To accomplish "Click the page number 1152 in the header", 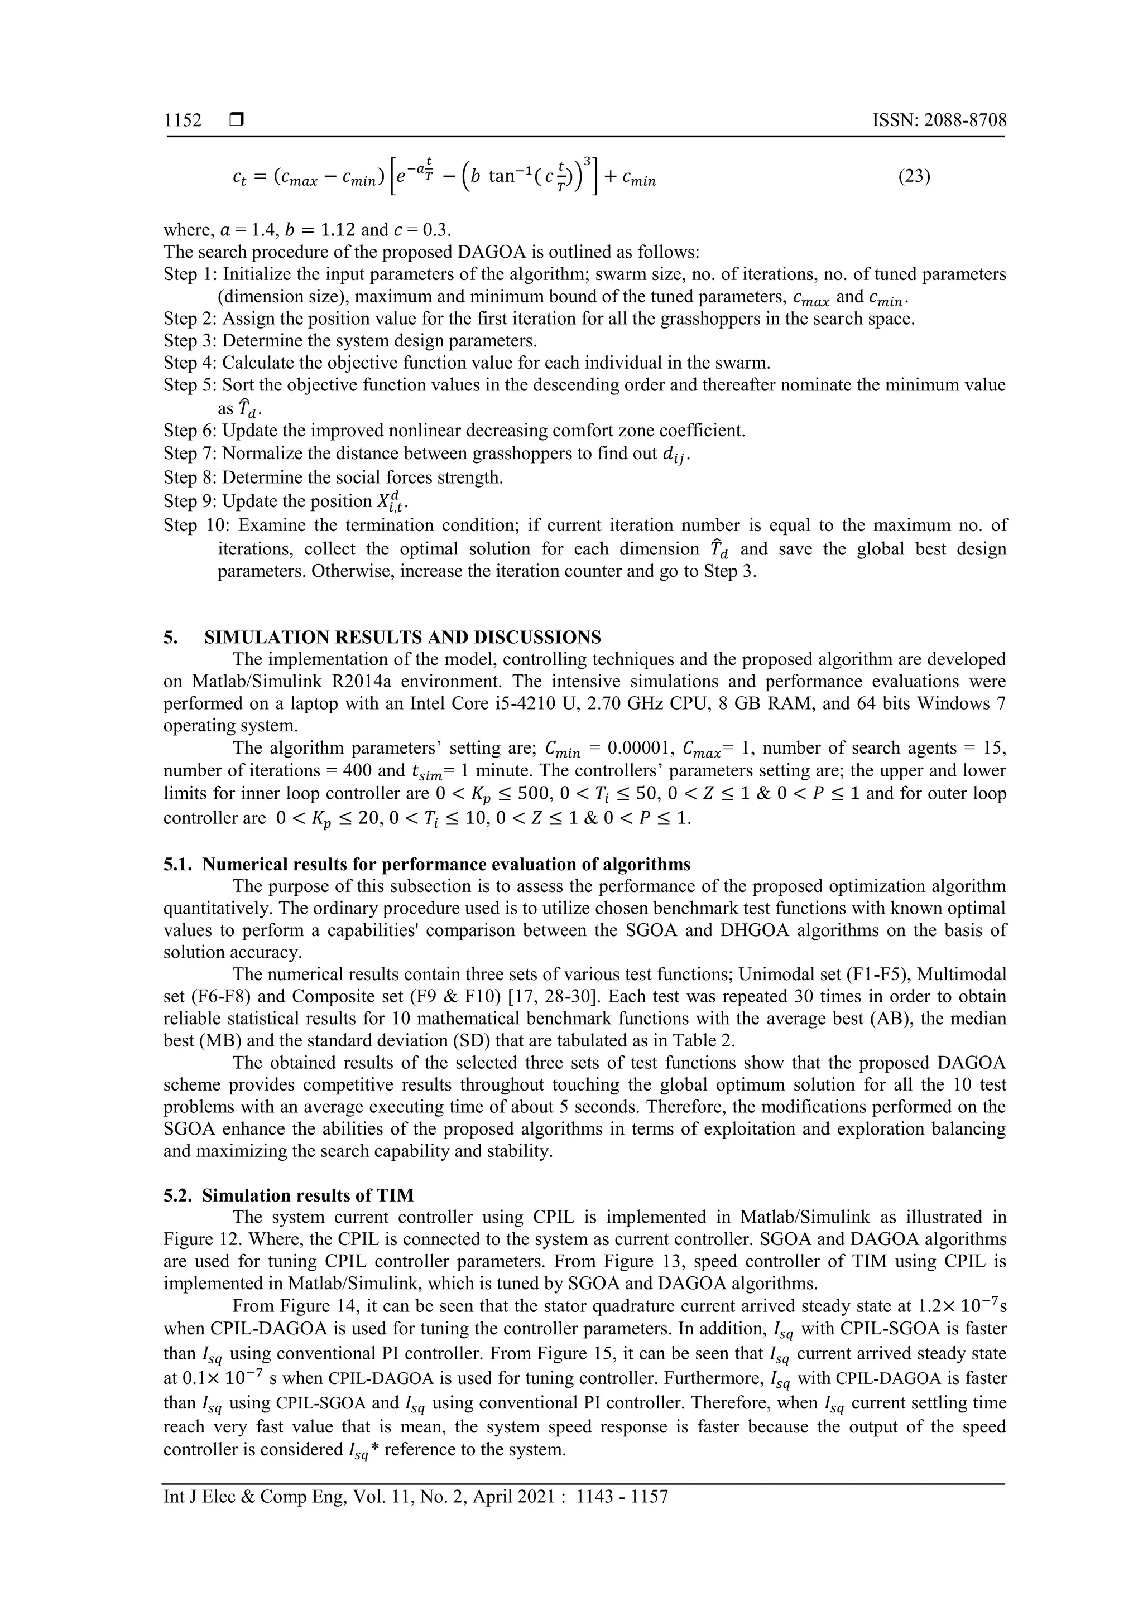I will pyautogui.click(x=183, y=120).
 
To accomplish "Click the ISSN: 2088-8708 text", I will pyautogui.click(x=939, y=120).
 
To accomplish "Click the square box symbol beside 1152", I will pyautogui.click(x=237, y=121).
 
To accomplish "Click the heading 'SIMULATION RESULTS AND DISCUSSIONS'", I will pyautogui.click(x=402, y=638).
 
